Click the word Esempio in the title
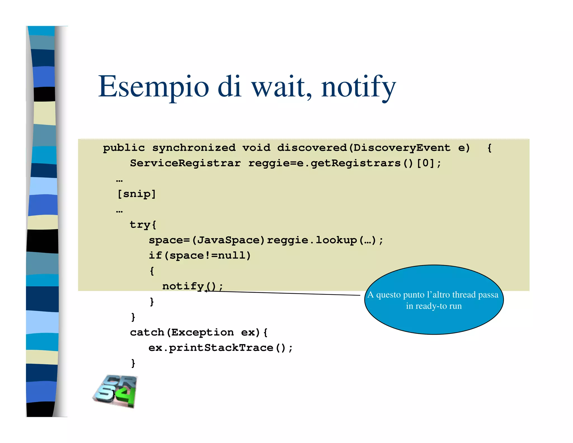click(153, 87)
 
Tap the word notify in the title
click(358, 87)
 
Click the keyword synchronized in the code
click(194, 148)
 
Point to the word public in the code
click(124, 148)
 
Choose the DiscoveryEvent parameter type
click(402, 148)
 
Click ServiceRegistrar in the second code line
click(185, 163)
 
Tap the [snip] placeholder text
click(137, 194)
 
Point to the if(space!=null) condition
click(199, 255)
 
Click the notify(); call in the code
click(192, 286)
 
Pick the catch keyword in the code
click(147, 332)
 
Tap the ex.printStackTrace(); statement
click(220, 348)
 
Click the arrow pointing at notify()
click(283, 293)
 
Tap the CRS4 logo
click(115, 391)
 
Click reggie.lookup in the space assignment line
click(312, 240)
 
